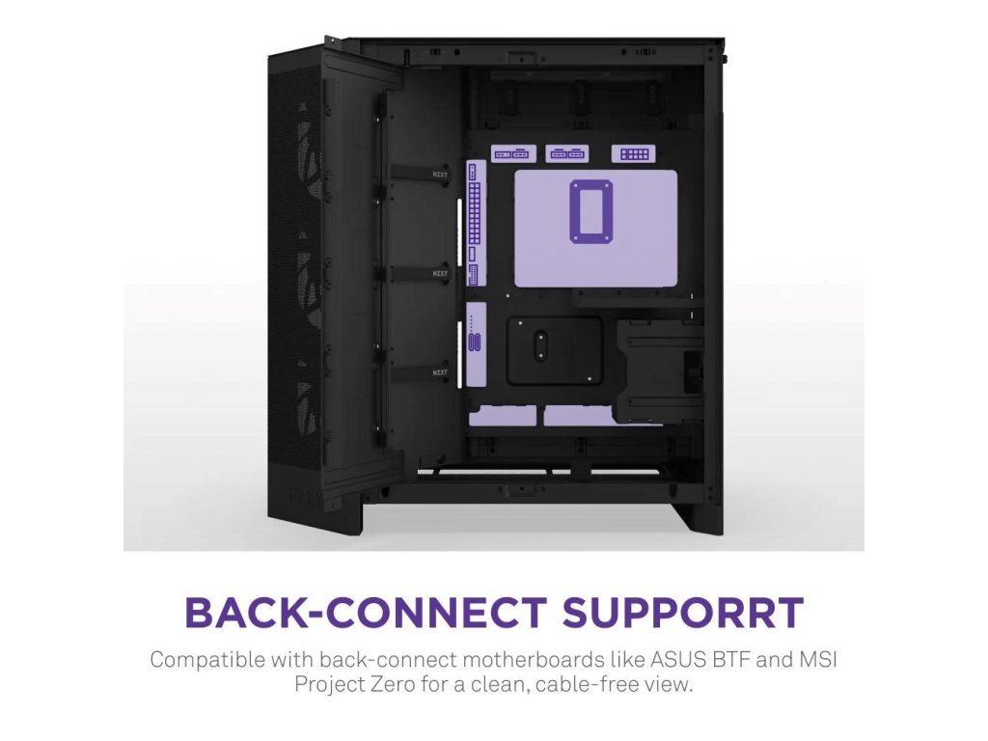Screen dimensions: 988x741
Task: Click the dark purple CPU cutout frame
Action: click(x=588, y=209)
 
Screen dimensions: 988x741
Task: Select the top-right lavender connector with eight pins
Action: click(x=633, y=153)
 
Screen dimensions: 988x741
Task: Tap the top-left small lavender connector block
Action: click(x=512, y=153)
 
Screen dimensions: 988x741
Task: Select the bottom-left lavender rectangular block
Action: click(x=502, y=415)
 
